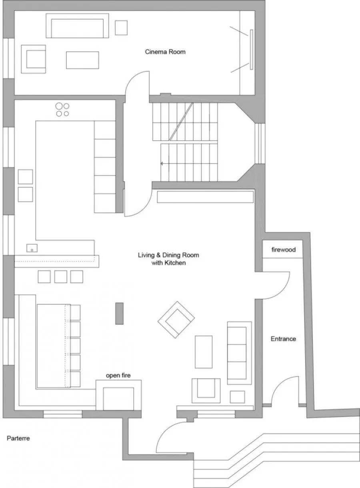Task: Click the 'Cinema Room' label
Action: [165, 52]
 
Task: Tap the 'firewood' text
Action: [284, 250]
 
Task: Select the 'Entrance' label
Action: [283, 339]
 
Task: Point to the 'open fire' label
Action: [118, 375]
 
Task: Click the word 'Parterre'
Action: [18, 438]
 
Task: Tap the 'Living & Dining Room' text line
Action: [168, 255]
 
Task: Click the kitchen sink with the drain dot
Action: [32, 248]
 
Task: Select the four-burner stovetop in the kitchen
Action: [62, 110]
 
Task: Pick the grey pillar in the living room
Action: [120, 314]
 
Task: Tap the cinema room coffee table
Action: [82, 60]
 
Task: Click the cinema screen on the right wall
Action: [251, 50]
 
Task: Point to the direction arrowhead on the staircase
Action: [162, 163]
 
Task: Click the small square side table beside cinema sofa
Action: [121, 28]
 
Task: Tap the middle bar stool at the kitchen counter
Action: [60, 277]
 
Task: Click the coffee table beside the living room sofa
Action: [204, 352]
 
